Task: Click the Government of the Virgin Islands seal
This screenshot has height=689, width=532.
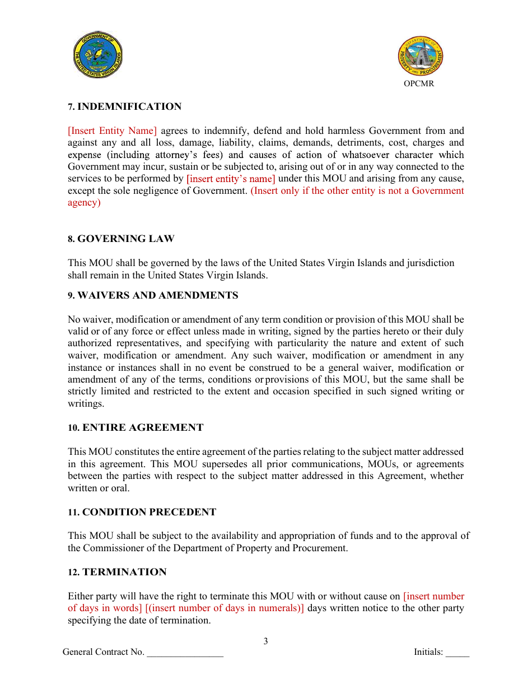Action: (98, 55)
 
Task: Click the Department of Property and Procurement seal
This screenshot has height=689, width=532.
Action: (421, 57)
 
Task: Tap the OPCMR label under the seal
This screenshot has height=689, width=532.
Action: (419, 84)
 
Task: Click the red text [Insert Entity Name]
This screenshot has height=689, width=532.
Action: (113, 131)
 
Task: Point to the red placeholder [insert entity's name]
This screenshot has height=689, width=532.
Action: (231, 179)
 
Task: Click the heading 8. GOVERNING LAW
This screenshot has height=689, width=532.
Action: (121, 239)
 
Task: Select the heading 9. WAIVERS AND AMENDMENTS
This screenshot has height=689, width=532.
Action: (153, 295)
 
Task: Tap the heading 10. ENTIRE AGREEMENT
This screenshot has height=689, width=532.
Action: (136, 427)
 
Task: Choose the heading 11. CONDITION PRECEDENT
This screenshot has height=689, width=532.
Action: (142, 512)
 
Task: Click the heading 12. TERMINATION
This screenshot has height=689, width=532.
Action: (117, 572)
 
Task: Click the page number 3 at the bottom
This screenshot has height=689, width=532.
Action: (266, 641)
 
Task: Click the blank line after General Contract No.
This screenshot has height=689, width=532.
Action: (185, 653)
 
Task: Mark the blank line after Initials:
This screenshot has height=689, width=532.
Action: (458, 653)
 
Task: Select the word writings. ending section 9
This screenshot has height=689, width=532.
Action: (86, 403)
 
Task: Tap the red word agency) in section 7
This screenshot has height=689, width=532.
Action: (84, 203)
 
